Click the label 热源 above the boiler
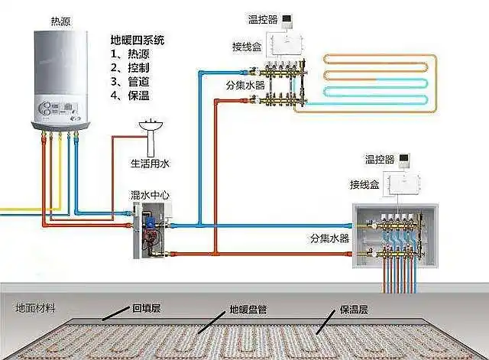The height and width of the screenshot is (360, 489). coord(59,18)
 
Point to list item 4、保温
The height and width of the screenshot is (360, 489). coord(130,95)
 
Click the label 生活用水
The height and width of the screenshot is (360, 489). coord(149,163)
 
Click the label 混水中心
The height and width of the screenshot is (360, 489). coord(151,196)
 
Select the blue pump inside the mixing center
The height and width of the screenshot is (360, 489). coord(152,222)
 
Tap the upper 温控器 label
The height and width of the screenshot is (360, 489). coord(261,18)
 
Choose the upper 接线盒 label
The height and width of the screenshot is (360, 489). coord(246,46)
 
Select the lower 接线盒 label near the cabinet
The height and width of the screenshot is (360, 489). coord(364,185)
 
